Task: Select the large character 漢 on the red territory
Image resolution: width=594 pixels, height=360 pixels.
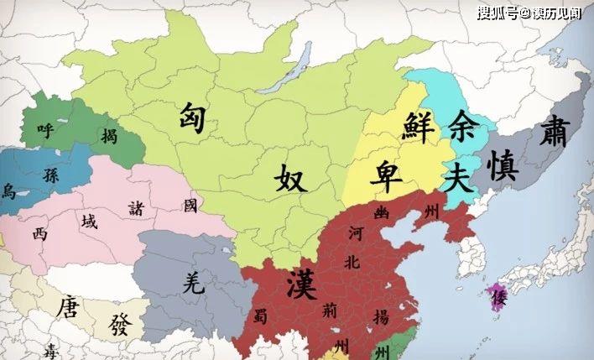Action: (301, 280)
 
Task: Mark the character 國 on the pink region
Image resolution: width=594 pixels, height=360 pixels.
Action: (190, 204)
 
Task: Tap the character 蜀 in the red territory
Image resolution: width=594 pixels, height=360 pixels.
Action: (258, 316)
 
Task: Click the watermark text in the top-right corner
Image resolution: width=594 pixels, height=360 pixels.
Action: (529, 13)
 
